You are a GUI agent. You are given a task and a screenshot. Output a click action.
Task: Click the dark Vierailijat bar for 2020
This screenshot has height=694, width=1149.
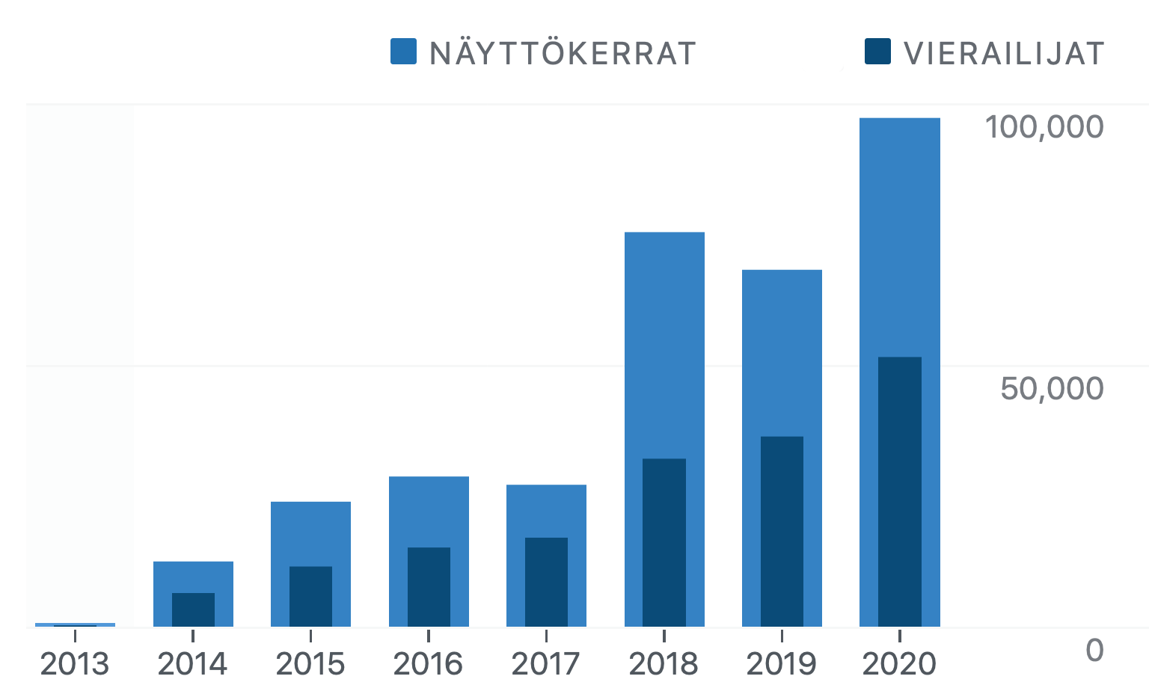point(899,491)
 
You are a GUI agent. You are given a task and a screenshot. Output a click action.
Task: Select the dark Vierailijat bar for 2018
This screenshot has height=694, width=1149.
point(664,542)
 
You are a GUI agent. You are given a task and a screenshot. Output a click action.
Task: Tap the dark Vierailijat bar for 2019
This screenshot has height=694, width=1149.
point(782,531)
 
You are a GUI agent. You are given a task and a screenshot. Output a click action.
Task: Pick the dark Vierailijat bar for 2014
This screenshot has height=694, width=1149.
point(193,609)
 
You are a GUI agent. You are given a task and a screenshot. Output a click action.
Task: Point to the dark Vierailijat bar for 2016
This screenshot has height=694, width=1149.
point(429,586)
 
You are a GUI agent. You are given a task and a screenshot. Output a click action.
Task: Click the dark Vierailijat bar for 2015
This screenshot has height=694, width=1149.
point(310,596)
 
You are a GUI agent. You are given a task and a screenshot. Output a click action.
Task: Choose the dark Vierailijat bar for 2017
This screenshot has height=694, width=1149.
point(546,582)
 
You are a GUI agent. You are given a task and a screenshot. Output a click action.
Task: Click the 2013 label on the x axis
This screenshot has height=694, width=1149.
point(75,664)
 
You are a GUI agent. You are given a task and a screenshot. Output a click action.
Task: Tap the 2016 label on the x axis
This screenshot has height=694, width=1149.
point(429,664)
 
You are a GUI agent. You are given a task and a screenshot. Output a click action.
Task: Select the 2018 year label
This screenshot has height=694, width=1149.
point(664,664)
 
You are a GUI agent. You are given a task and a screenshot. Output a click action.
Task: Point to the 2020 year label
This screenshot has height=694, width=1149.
point(899,664)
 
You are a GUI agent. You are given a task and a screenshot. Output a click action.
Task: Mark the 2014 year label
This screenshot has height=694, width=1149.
point(193,664)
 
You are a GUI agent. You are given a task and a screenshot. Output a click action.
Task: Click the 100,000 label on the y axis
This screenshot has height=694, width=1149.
point(1044,127)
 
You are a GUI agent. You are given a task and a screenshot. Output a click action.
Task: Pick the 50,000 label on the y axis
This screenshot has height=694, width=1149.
point(1052,388)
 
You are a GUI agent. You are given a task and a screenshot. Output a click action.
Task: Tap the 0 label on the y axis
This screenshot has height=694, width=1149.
point(1094,651)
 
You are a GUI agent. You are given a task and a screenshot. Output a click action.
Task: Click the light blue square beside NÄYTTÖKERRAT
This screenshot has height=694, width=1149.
point(403,52)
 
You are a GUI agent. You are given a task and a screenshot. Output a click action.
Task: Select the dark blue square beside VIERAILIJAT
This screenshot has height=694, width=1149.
point(877,52)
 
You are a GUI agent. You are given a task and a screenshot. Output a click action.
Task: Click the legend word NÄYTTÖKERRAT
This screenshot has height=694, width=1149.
point(563,53)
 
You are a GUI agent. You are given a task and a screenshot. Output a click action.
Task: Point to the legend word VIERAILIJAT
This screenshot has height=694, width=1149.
point(1004,53)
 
